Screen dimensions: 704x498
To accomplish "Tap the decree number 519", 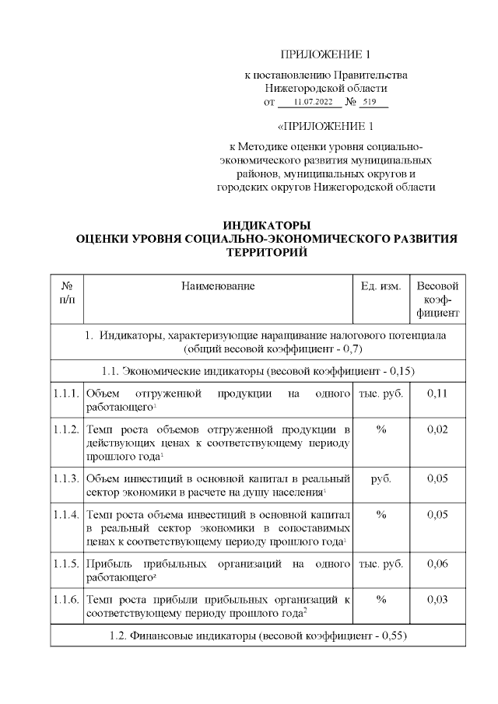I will pyautogui.click(x=369, y=102).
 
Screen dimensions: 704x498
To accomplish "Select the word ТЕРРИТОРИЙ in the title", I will pyautogui.click(x=266, y=253).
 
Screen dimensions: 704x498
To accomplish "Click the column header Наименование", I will pyautogui.click(x=218, y=286).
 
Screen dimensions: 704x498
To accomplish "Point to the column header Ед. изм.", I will pyautogui.click(x=381, y=286).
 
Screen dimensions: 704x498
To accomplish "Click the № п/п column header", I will pyautogui.click(x=67, y=292).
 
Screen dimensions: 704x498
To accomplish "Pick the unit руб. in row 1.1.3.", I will pyautogui.click(x=381, y=478).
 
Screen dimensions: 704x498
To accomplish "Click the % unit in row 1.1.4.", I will pyautogui.click(x=381, y=514).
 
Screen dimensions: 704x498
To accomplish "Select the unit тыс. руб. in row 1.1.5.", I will pyautogui.click(x=381, y=562).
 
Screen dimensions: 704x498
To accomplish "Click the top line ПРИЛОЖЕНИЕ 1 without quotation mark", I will pyautogui.click(x=326, y=54).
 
